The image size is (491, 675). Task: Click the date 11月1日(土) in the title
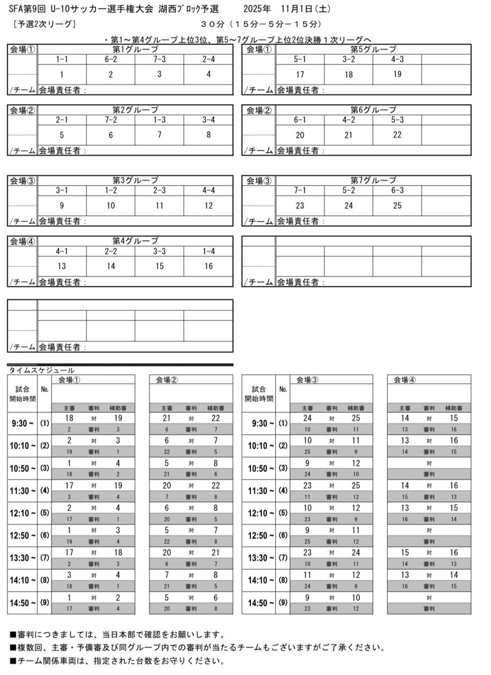305,9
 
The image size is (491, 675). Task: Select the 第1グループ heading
135,49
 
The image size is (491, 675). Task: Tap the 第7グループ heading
373,180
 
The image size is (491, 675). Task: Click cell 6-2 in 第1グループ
110,60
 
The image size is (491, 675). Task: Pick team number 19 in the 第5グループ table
397,74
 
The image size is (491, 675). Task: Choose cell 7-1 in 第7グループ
300,191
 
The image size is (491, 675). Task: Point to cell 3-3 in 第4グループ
159,251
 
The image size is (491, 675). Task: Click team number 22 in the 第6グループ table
397,135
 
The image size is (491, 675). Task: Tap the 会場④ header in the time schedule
405,380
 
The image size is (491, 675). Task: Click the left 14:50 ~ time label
22,603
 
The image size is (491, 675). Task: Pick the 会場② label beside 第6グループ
259,110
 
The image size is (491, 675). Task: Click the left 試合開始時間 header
22,394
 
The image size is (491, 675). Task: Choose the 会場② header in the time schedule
166,380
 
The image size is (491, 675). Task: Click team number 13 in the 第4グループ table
62,266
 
